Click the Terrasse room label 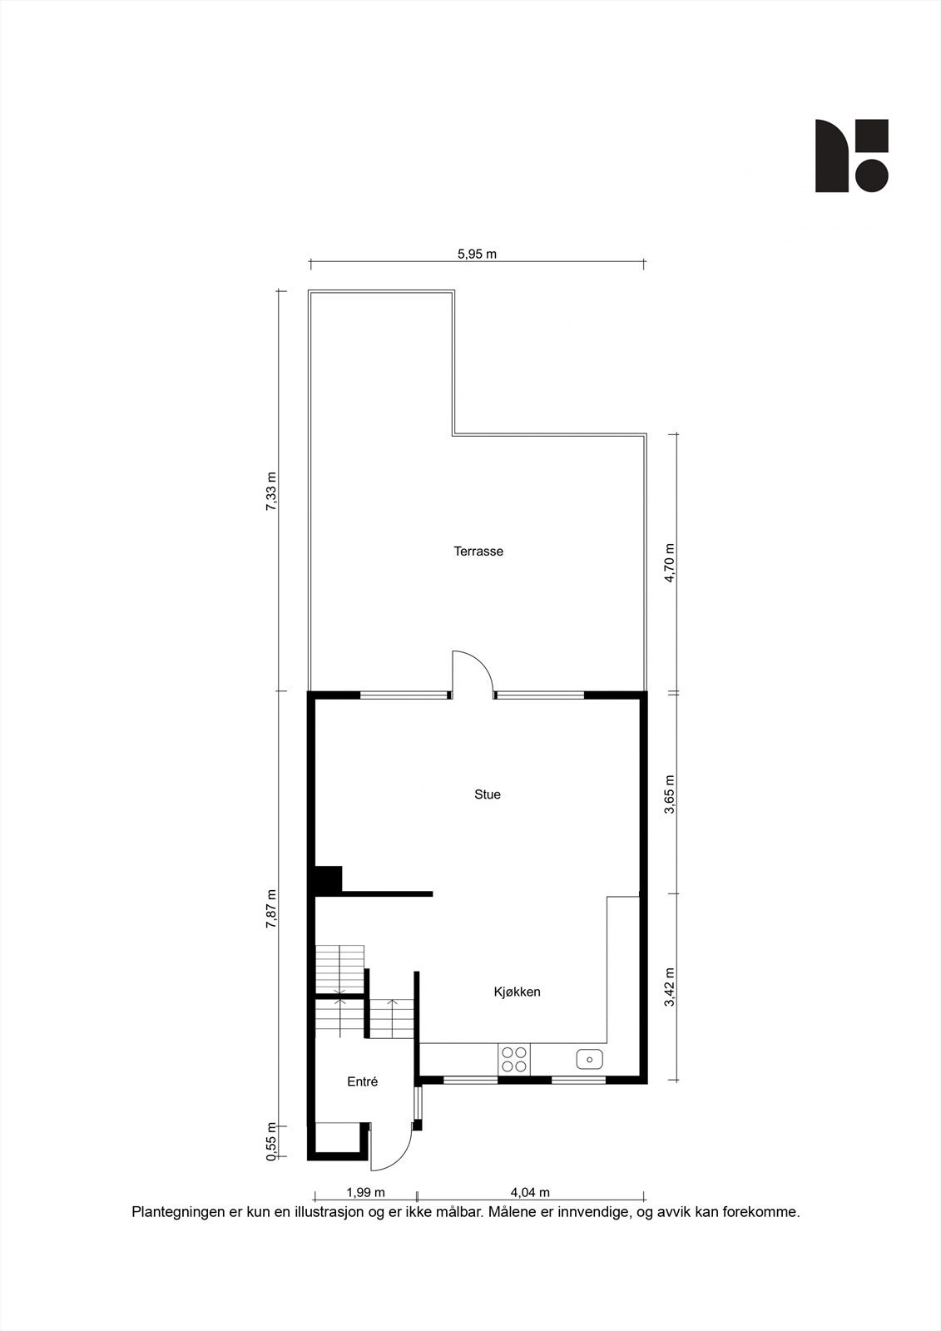478,552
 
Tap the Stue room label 488,794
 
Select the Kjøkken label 518,992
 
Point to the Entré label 363,1082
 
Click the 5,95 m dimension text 477,254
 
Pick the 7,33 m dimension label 270,492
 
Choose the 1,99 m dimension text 365,1193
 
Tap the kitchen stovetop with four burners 513,1059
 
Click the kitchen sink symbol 590,1059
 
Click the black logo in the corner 851,156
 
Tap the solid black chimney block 329,879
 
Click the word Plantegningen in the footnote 172,1212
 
